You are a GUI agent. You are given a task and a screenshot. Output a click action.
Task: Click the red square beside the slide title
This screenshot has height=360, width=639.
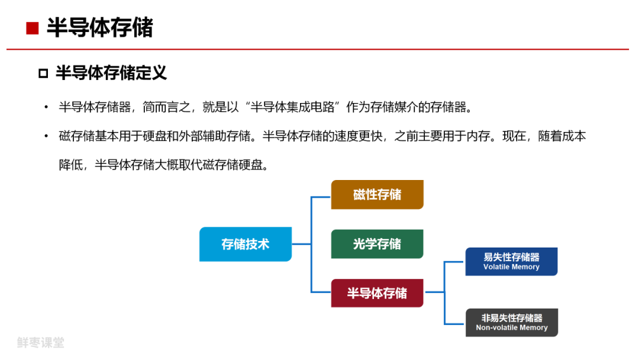pyautogui.click(x=33, y=28)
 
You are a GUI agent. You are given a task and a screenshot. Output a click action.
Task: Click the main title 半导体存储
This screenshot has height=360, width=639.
pyautogui.click(x=99, y=28)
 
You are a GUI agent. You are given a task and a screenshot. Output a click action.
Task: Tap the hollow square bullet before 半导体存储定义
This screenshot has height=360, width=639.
pyautogui.click(x=43, y=73)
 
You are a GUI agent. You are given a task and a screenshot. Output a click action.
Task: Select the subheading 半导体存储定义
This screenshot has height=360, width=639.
pyautogui.click(x=111, y=73)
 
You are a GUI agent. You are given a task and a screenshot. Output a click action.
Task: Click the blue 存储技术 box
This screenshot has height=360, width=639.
pyautogui.click(x=245, y=244)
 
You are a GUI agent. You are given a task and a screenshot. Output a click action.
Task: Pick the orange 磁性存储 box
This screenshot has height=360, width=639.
pyautogui.click(x=377, y=195)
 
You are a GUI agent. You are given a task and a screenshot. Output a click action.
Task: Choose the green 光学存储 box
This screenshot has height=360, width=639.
pyautogui.click(x=377, y=244)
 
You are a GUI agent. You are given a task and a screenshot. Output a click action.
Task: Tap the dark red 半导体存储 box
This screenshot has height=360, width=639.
pyautogui.click(x=377, y=293)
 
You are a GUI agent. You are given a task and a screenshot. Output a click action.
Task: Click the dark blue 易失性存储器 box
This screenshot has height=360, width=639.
pyautogui.click(x=511, y=262)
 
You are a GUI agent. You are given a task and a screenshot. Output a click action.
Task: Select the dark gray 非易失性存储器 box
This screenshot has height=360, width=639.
pyautogui.click(x=511, y=323)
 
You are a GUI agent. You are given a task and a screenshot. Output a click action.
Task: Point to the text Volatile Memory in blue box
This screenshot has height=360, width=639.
pyautogui.click(x=511, y=267)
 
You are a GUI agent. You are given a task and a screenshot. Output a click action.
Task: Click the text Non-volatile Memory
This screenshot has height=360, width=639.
pyautogui.click(x=512, y=328)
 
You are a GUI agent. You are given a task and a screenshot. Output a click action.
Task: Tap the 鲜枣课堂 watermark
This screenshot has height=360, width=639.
pyautogui.click(x=40, y=342)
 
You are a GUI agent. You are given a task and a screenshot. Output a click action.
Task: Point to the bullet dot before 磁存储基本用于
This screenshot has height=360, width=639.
pyautogui.click(x=46, y=137)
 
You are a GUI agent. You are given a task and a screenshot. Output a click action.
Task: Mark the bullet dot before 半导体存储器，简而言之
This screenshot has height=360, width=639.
pyautogui.click(x=46, y=108)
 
